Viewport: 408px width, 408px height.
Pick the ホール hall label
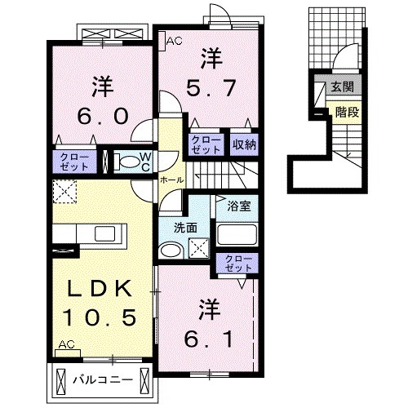point(171,179)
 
